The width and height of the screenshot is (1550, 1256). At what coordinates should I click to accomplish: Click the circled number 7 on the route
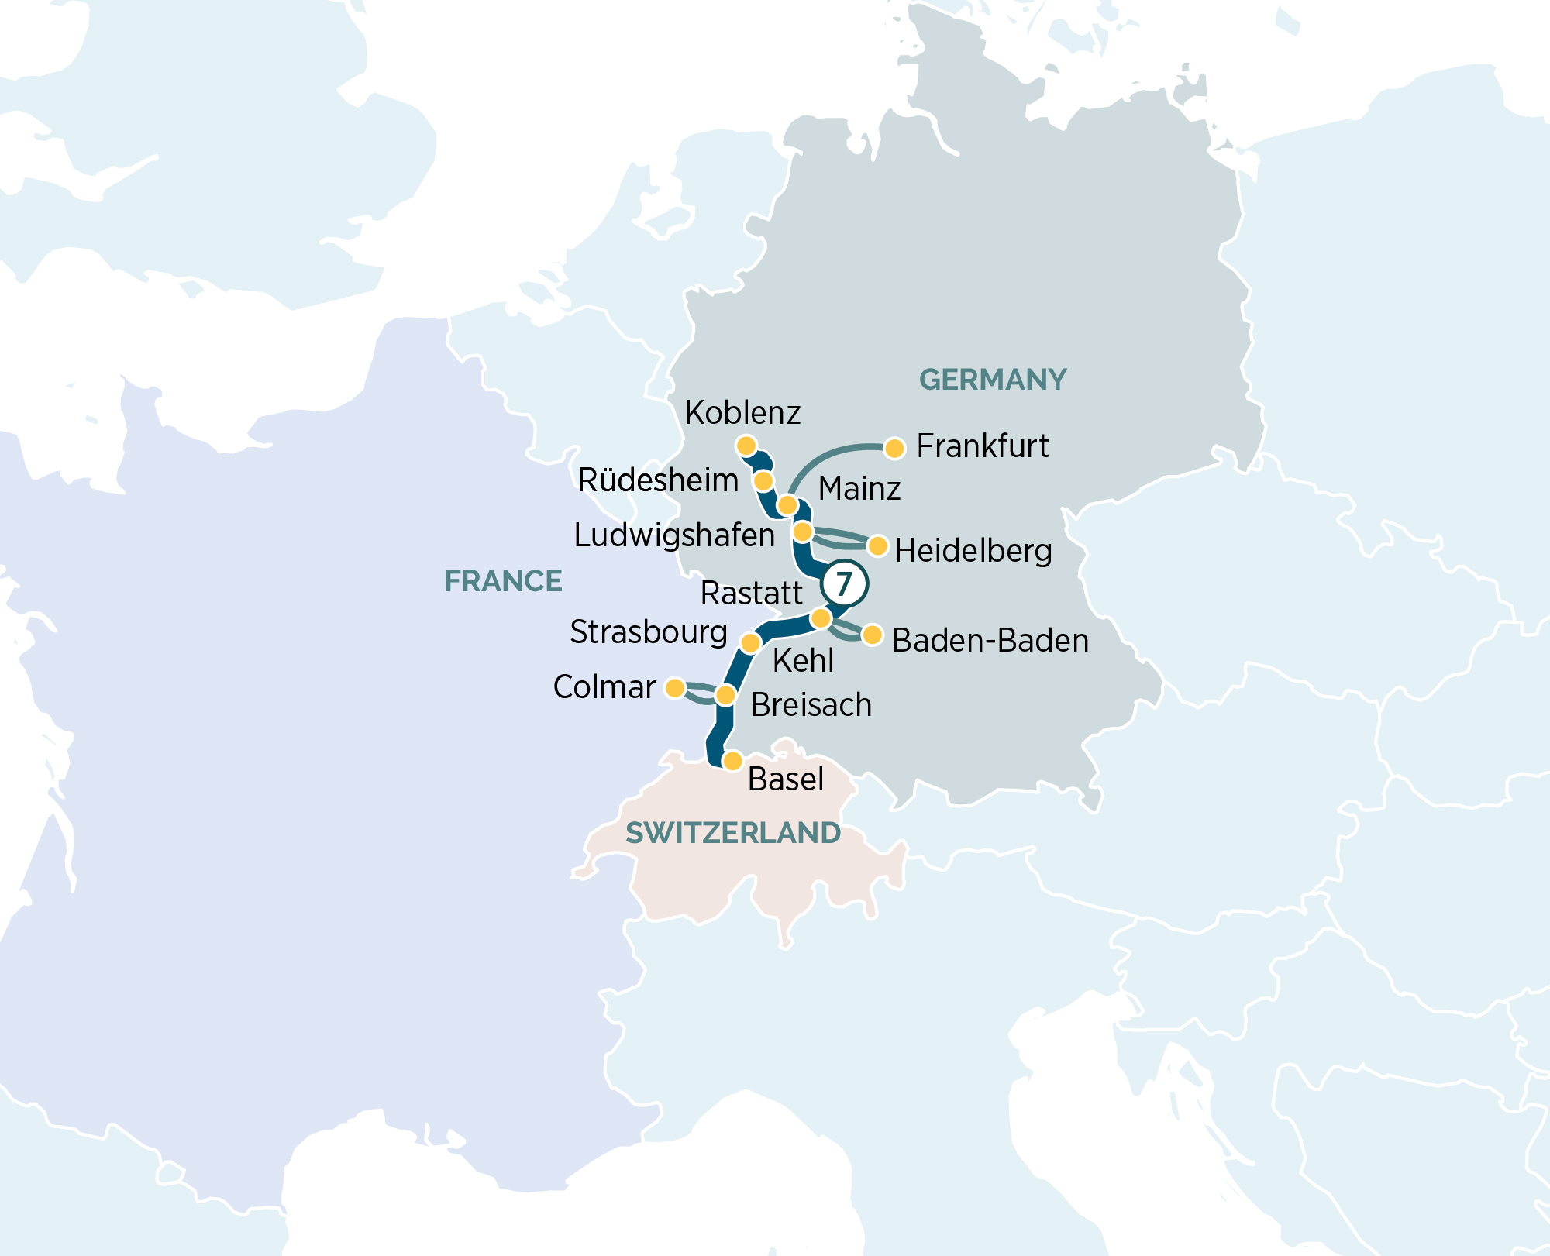(844, 583)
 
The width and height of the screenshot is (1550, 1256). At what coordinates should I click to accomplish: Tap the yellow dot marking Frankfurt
(894, 448)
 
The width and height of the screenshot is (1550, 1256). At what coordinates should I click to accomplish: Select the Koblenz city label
(742, 413)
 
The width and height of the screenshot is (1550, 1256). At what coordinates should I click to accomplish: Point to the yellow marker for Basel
(732, 761)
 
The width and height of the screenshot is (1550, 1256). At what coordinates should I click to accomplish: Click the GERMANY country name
(993, 380)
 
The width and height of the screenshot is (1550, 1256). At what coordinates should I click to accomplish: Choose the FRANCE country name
(503, 581)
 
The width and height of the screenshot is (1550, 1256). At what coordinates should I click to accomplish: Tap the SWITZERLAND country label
(733, 833)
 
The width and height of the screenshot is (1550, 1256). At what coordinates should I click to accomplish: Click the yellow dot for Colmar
(675, 688)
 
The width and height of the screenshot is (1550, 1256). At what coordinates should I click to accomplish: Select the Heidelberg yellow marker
(877, 546)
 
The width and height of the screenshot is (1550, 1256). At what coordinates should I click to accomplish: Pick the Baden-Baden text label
(990, 641)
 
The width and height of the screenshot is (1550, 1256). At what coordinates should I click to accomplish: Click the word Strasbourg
(649, 632)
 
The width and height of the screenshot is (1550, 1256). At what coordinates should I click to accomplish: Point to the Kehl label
(803, 661)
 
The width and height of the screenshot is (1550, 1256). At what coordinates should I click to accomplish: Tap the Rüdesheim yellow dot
(763, 481)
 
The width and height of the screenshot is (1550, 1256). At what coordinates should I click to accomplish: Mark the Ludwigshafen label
(674, 535)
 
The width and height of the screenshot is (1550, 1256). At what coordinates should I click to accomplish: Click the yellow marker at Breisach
(725, 695)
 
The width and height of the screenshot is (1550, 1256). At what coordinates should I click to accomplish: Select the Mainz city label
(859, 489)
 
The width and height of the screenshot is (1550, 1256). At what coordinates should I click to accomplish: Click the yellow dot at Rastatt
(821, 618)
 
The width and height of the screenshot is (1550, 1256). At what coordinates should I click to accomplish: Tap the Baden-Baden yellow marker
(872, 635)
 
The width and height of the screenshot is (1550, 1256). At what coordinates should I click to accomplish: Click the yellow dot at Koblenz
(746, 446)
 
